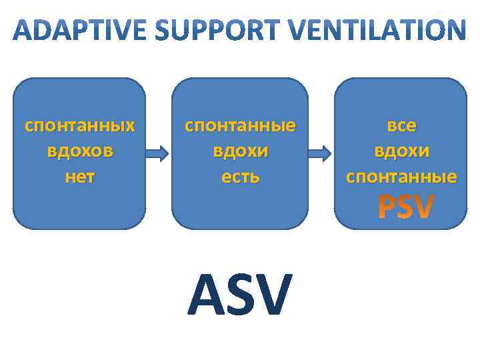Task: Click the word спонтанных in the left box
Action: click(x=79, y=125)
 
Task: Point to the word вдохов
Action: click(x=79, y=151)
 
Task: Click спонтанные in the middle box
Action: click(x=240, y=125)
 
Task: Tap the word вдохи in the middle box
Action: click(x=240, y=151)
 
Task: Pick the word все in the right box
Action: click(x=401, y=125)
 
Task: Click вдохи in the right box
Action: click(x=401, y=151)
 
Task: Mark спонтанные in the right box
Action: click(x=401, y=176)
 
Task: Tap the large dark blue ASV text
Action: click(x=240, y=295)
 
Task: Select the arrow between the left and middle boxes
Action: click(x=159, y=154)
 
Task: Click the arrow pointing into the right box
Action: click(x=321, y=154)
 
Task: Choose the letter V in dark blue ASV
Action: click(x=275, y=295)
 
